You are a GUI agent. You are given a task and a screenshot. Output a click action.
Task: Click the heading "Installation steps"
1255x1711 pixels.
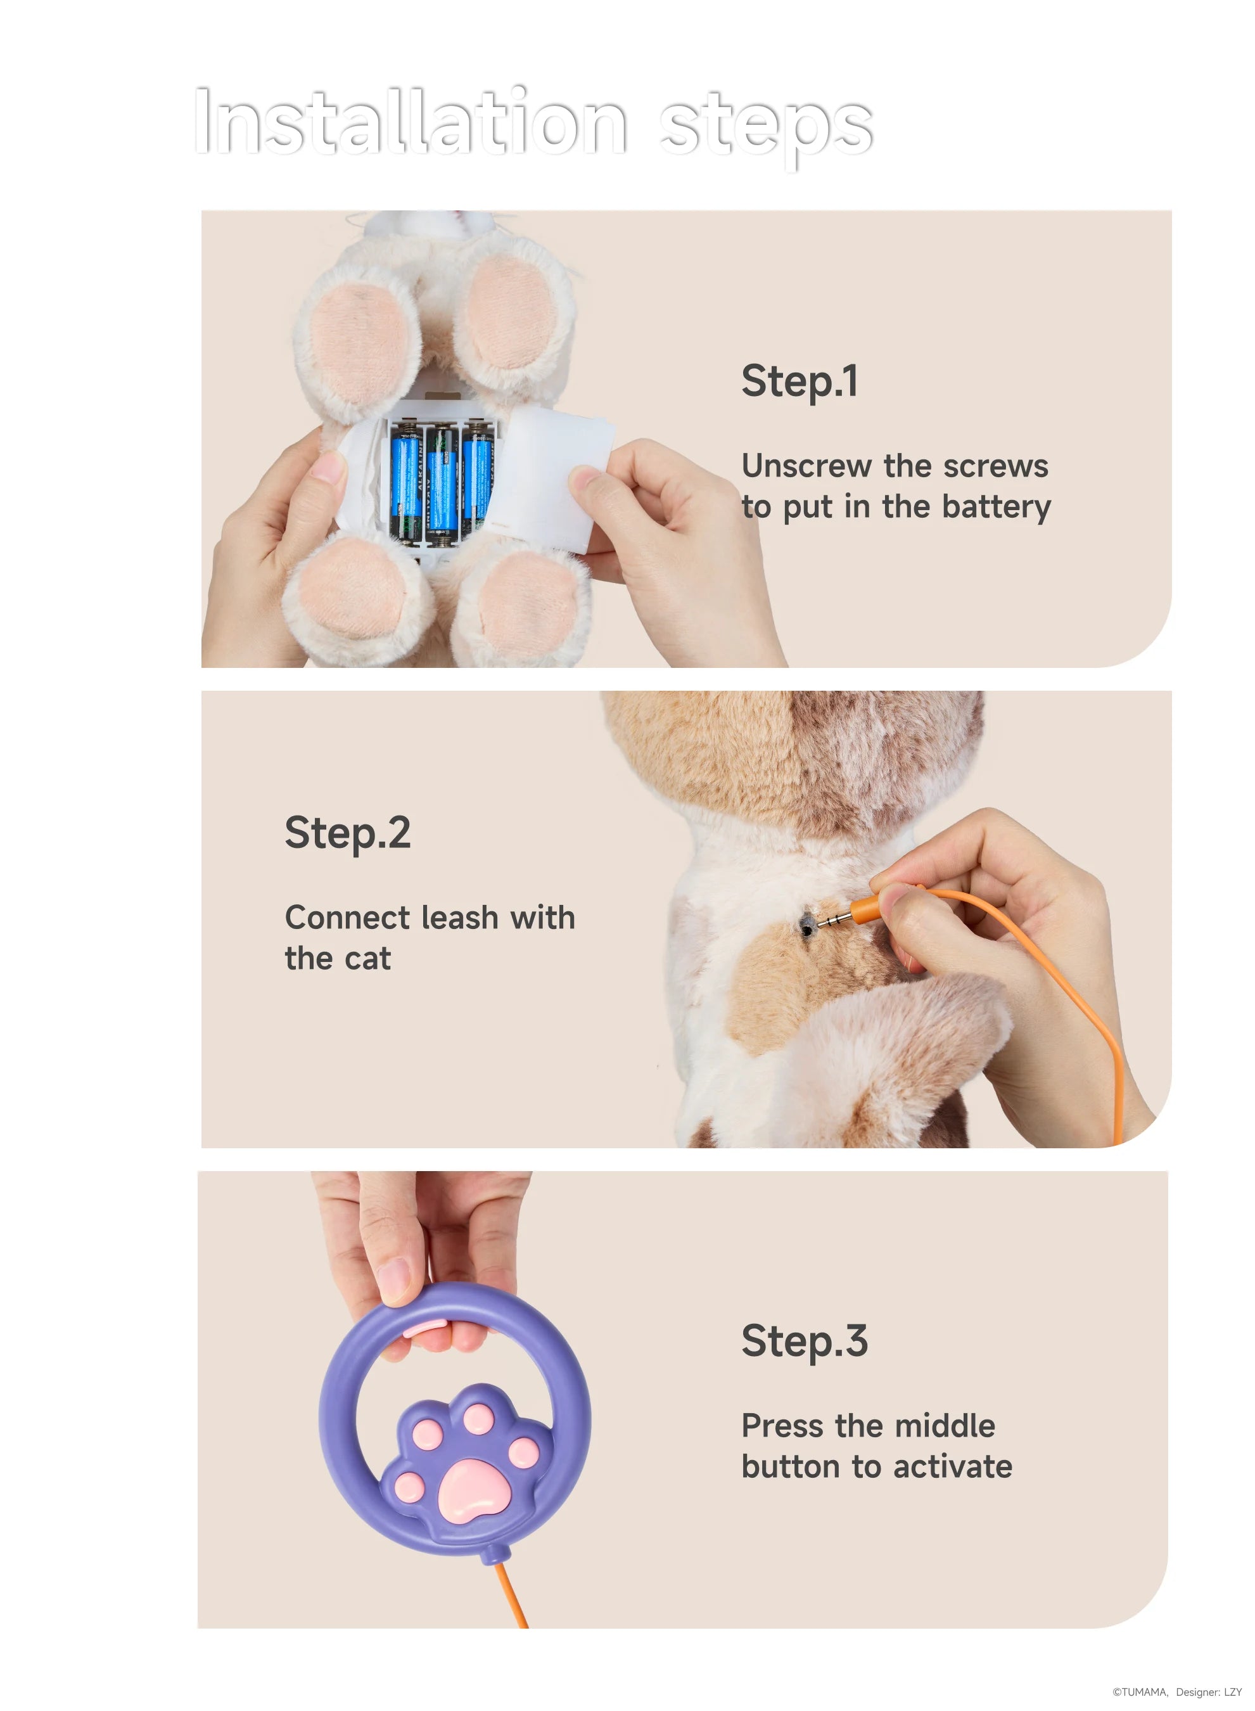533,124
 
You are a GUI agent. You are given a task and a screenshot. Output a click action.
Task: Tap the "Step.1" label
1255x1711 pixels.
800,381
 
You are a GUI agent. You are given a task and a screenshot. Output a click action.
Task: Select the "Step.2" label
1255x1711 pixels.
348,833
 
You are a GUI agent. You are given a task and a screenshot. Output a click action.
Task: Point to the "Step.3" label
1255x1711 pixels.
805,1342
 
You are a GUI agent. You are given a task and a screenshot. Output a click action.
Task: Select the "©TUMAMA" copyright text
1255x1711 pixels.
1140,1692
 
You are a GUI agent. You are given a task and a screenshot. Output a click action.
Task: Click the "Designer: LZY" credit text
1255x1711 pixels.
1209,1692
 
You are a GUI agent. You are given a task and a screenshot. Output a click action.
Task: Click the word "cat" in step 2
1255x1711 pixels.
367,959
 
